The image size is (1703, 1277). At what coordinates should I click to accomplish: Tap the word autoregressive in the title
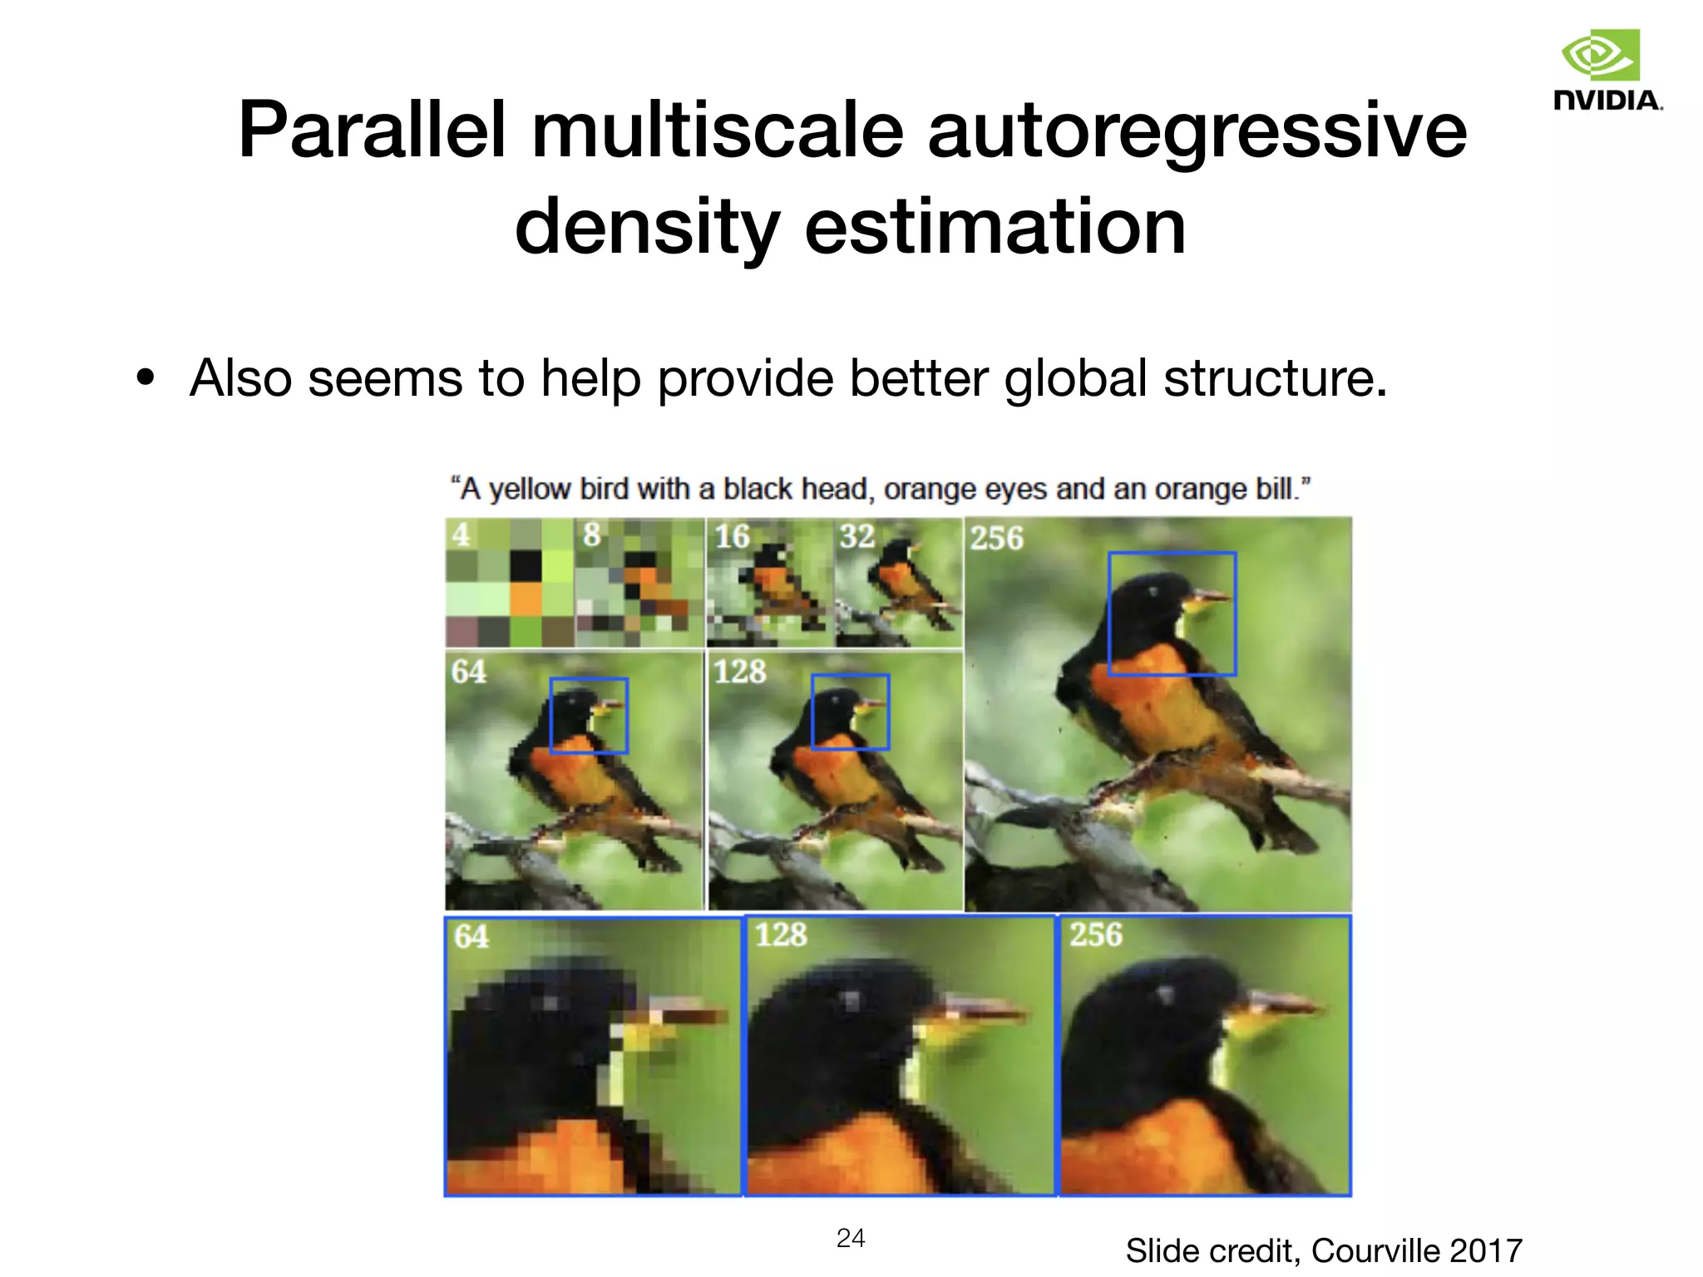1197,131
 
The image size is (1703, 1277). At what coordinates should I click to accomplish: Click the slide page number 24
851,1238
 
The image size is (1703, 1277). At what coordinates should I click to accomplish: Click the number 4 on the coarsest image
461,535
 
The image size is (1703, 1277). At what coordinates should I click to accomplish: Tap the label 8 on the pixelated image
591,535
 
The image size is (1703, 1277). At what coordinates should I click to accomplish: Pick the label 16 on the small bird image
732,537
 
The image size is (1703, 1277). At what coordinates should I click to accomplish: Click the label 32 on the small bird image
856,537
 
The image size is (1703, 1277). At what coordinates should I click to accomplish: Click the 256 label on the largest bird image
996,539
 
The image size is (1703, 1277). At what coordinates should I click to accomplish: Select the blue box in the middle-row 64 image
589,716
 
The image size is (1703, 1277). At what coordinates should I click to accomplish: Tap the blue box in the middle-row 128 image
850,712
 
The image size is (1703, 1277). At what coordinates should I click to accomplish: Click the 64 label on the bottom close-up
471,937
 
